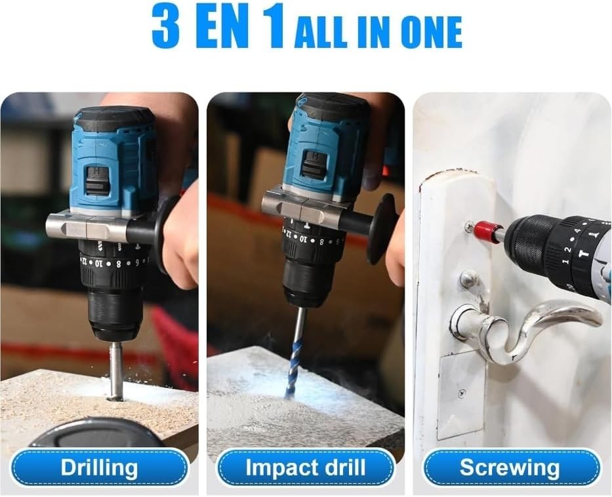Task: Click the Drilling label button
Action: [x=99, y=468]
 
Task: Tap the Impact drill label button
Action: [x=306, y=468]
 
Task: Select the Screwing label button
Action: [x=510, y=468]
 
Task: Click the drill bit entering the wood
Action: [x=115, y=370]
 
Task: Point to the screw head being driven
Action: [x=469, y=227]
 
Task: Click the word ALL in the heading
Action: [x=320, y=31]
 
